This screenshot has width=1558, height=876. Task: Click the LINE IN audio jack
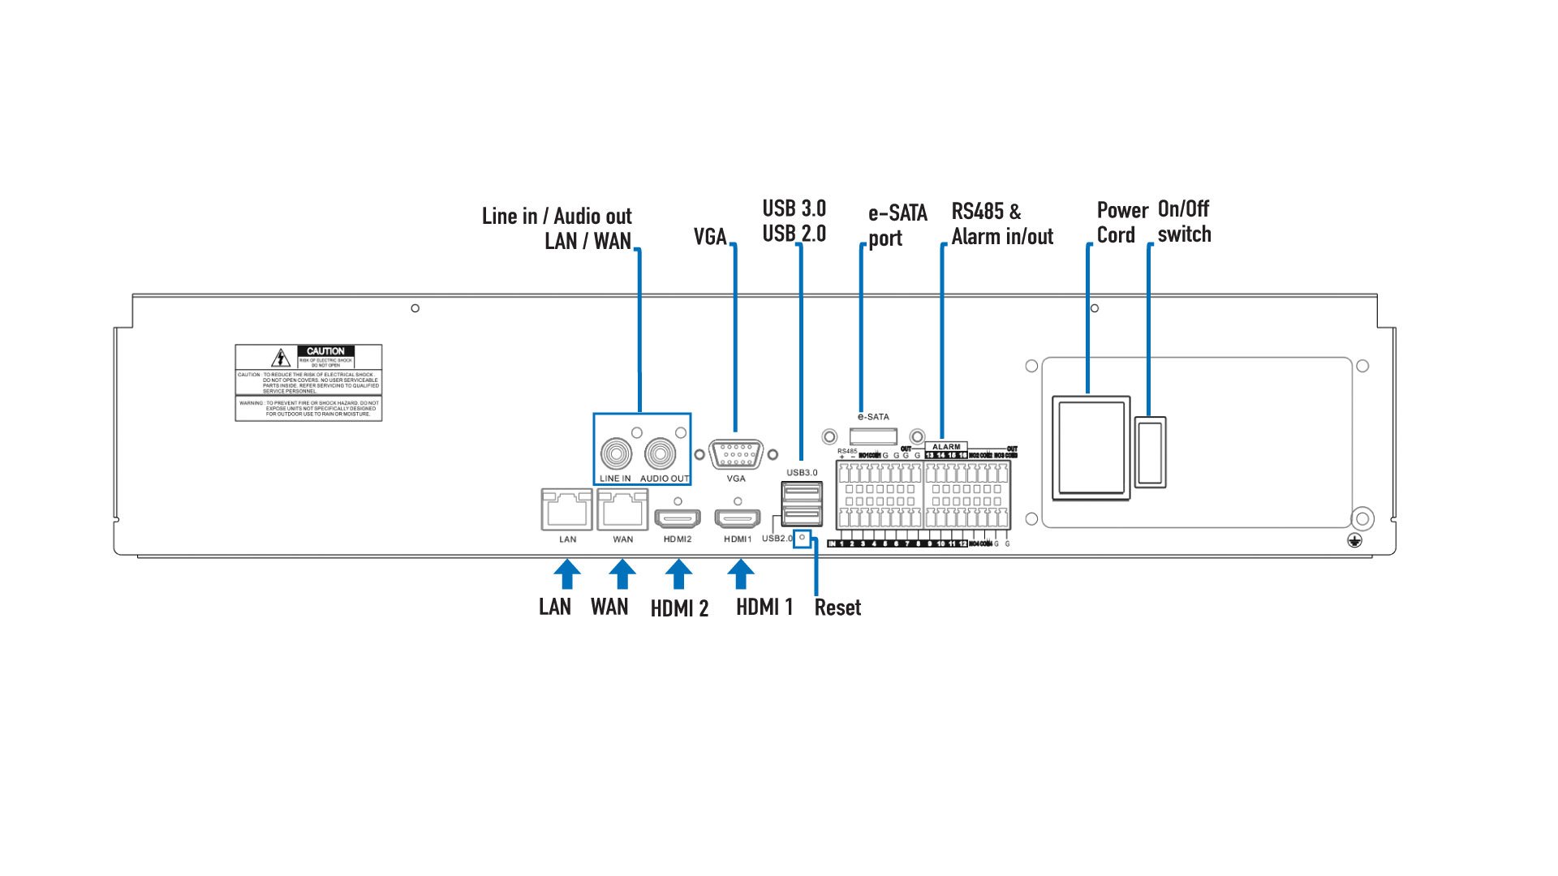616,453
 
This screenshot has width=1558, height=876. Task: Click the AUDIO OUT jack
661,453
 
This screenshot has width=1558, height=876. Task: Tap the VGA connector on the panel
736,454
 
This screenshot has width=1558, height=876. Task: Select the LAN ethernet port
566,511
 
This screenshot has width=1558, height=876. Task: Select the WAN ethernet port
622,511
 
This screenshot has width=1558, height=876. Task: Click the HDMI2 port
678,517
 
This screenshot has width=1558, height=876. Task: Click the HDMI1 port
737,517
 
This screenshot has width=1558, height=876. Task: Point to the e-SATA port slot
873,436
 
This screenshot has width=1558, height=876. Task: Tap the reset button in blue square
802,538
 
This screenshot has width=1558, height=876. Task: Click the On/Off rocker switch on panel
1150,452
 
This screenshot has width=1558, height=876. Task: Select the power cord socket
1091,448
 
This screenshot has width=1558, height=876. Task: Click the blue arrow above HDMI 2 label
678,574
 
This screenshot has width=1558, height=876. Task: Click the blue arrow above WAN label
622,574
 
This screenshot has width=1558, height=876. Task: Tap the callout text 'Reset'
837,608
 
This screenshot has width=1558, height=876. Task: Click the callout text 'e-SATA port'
897,225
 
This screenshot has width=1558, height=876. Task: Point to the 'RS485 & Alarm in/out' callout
1001,224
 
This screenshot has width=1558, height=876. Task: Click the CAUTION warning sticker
308,383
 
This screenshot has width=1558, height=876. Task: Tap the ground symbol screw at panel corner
1354,540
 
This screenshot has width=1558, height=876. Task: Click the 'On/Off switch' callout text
1184,221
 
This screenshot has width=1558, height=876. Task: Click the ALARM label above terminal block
946,447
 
